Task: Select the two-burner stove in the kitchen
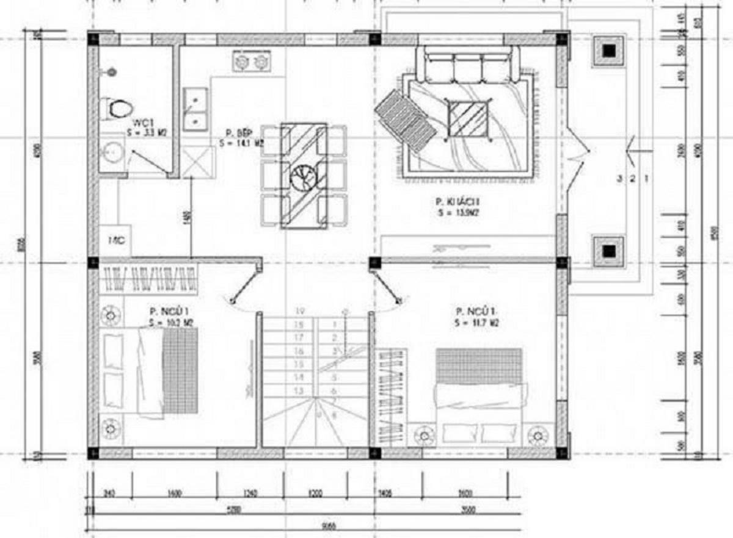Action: pos(252,62)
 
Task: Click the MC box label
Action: pos(116,240)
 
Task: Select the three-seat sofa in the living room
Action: pos(468,65)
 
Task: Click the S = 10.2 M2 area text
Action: pos(171,323)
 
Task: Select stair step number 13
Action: pos(299,390)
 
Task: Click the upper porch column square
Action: pos(609,51)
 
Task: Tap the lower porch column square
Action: pos(609,250)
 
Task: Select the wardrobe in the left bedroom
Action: pos(149,279)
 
